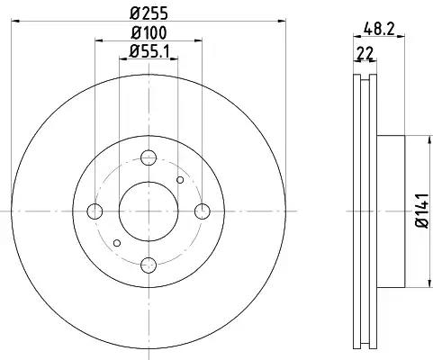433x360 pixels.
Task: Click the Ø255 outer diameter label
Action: click(x=149, y=13)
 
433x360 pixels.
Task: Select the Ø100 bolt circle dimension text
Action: click(x=149, y=32)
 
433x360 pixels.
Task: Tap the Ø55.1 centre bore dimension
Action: click(x=149, y=51)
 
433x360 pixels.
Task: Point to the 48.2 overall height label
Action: click(x=379, y=29)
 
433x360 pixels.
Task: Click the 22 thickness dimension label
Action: click(x=365, y=53)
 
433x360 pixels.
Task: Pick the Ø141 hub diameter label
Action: click(x=423, y=211)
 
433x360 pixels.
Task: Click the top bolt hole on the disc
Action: click(x=149, y=157)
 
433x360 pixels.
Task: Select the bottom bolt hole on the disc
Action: click(x=149, y=265)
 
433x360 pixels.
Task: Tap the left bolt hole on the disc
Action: click(x=95, y=211)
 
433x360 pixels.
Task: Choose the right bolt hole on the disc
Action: click(x=203, y=211)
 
